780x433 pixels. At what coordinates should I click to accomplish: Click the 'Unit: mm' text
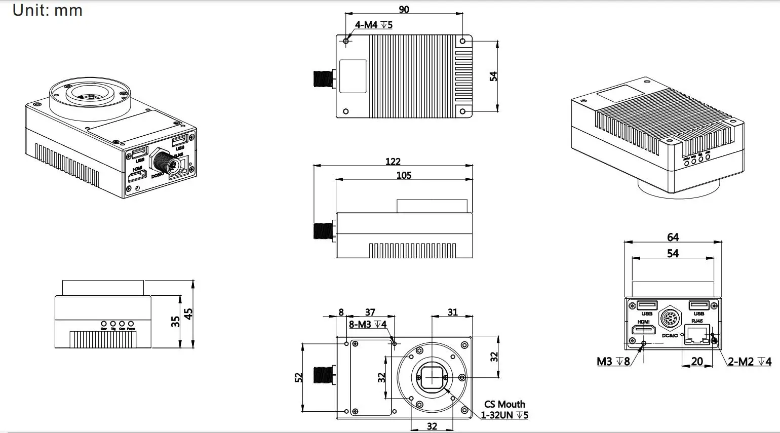click(x=47, y=10)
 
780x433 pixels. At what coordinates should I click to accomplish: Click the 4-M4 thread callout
click(x=373, y=25)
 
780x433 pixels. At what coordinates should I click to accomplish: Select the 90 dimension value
click(x=404, y=9)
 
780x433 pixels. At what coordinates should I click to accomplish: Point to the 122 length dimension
click(x=393, y=162)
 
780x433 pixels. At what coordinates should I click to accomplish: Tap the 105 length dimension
click(x=404, y=175)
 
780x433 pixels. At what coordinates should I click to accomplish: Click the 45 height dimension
click(x=188, y=314)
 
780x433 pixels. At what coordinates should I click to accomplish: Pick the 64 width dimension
click(x=673, y=237)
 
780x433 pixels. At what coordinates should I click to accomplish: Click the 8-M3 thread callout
click(x=368, y=324)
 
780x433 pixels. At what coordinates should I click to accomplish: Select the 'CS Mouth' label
click(x=504, y=404)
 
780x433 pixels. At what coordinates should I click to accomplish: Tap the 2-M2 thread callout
click(x=750, y=362)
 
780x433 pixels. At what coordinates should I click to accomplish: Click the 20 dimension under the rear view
click(x=697, y=361)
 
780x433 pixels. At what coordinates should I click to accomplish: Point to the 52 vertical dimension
click(x=298, y=377)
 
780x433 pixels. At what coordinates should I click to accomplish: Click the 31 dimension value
click(x=452, y=312)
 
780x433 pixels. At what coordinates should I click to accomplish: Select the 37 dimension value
click(x=370, y=312)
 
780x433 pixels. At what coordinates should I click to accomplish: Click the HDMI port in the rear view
click(x=643, y=331)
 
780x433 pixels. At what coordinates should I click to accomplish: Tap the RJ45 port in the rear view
click(x=697, y=335)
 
